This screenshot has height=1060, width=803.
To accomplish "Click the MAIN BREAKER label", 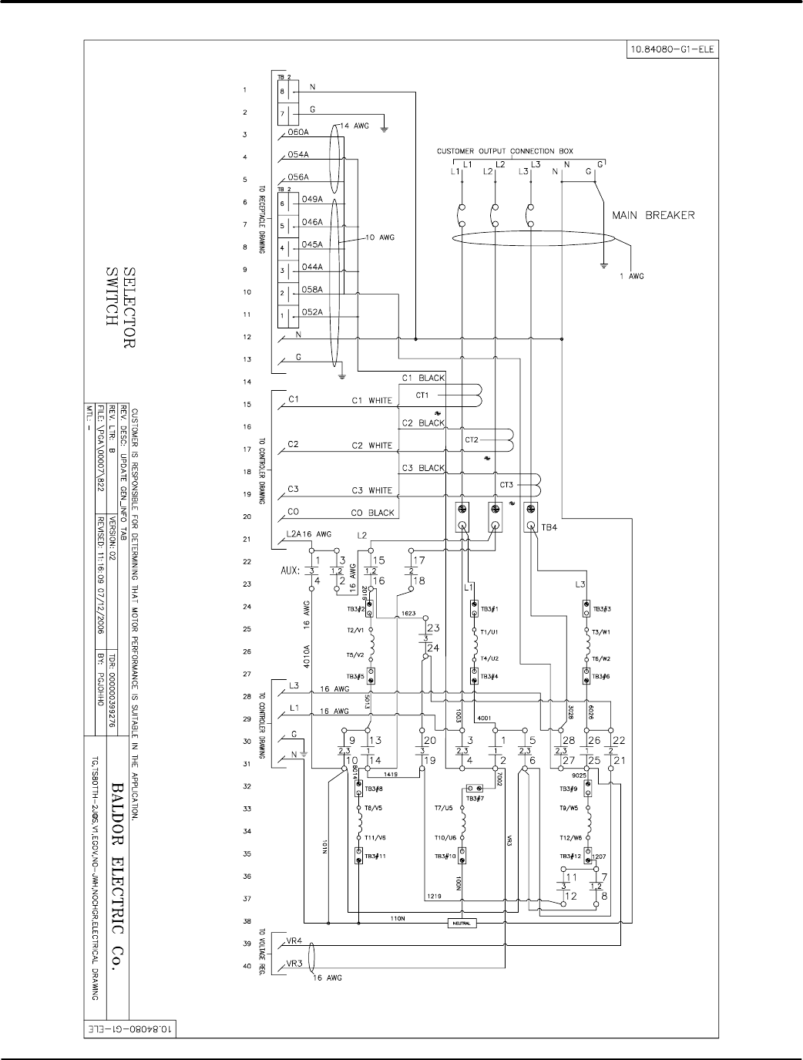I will [653, 215].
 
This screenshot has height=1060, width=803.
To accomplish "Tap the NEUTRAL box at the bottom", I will [462, 923].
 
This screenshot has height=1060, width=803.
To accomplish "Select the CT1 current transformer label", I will [422, 395].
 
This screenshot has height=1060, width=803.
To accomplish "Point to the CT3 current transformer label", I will [506, 485].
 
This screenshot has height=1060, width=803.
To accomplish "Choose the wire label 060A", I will [298, 132].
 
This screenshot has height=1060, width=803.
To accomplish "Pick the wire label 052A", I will [312, 311].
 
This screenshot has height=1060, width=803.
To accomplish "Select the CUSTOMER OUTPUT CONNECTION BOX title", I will [505, 151].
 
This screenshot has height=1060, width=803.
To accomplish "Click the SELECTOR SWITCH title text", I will [119, 298].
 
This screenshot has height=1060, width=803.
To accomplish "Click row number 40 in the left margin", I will [244, 965].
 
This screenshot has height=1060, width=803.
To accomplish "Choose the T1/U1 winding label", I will [489, 632].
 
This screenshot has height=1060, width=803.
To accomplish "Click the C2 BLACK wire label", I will [423, 423].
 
